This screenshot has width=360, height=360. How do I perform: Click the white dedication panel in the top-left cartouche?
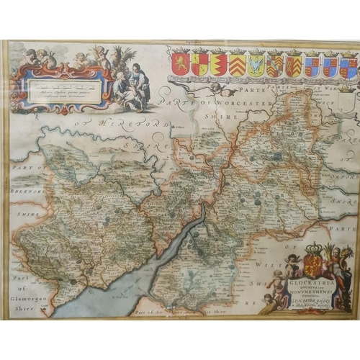61,92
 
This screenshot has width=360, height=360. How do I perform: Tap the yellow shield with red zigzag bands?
236,65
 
